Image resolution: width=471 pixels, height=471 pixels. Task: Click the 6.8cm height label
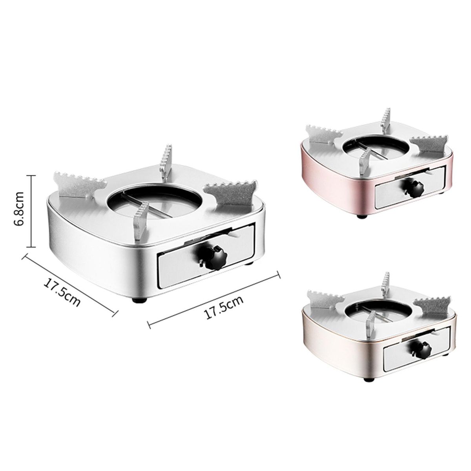(x=20, y=208)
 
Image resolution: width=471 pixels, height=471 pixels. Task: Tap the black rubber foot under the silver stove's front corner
(x=140, y=299)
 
